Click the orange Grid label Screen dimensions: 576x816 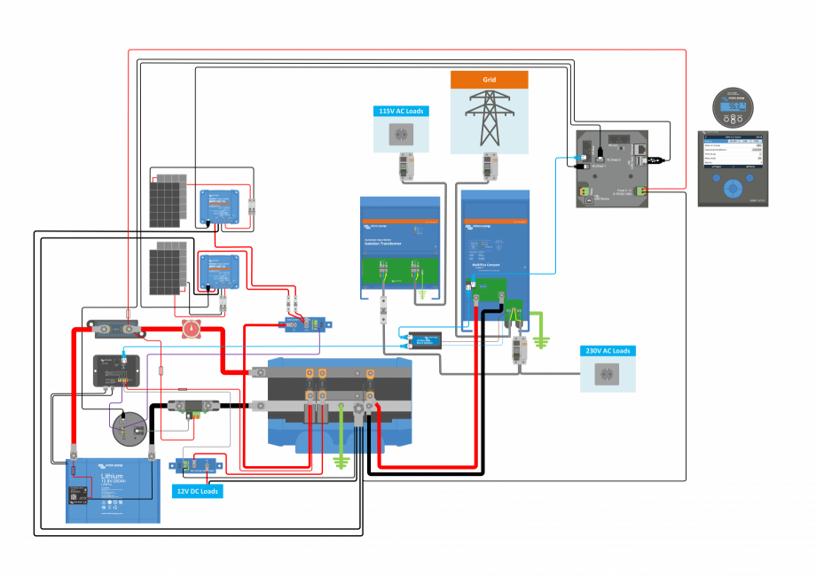[x=489, y=79]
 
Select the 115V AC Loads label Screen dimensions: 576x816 [x=400, y=112]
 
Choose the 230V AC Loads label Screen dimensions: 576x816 [x=608, y=352]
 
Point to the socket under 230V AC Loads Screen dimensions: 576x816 [x=608, y=375]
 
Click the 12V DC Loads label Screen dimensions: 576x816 [x=198, y=491]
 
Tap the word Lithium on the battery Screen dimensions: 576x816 [x=99, y=477]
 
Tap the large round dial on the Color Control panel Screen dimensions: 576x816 [x=734, y=189]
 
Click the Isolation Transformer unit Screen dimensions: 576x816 [x=400, y=244]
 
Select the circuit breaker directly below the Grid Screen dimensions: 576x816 [x=489, y=165]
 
